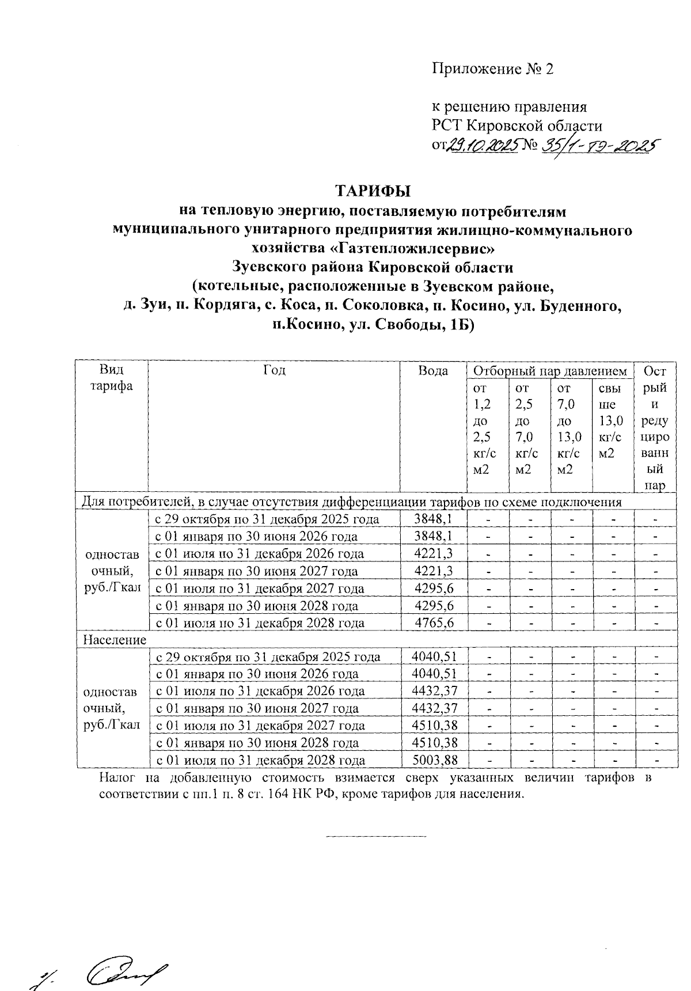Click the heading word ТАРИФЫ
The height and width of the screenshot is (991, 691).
coord(375,191)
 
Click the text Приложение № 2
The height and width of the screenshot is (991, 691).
coord(492,70)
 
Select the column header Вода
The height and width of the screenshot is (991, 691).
coord(433,370)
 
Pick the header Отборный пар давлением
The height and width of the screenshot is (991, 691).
coord(549,371)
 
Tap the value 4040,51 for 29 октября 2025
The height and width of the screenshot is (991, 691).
coord(435,656)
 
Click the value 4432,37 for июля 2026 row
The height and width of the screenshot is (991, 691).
coord(435,691)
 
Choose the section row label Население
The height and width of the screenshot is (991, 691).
coord(115,640)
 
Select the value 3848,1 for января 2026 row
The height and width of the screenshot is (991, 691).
coord(433,536)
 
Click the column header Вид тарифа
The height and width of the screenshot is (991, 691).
coord(112,378)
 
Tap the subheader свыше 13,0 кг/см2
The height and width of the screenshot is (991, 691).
coord(610,421)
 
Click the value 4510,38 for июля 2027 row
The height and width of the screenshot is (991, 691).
coord(435,726)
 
